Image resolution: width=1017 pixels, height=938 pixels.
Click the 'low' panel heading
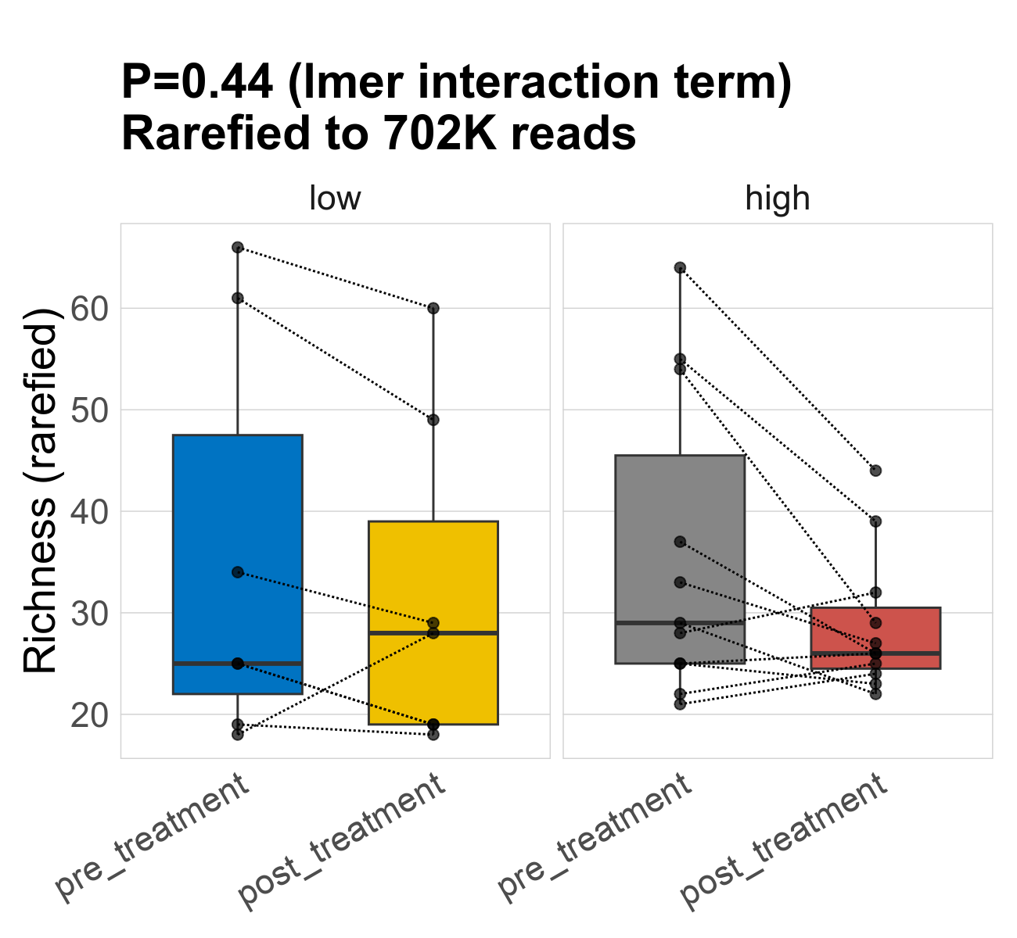(x=335, y=199)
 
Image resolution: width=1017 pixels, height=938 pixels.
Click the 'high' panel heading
(x=778, y=199)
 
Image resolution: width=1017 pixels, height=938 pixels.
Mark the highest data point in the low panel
(x=238, y=248)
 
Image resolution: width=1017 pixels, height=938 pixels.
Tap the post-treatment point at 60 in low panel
(x=433, y=308)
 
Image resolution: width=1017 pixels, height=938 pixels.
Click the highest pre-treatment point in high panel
(x=680, y=267)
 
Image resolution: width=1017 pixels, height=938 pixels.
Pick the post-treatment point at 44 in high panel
(x=875, y=471)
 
